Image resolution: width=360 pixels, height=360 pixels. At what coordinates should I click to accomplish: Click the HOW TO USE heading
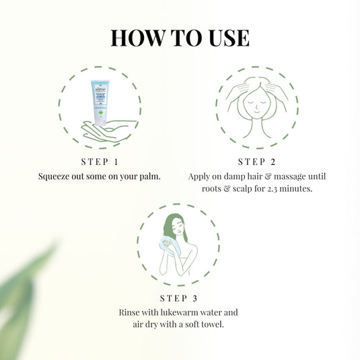pos(180,38)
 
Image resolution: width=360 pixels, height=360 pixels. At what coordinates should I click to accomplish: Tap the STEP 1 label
pos(99,161)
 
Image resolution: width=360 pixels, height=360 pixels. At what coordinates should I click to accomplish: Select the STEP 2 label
pos(257,161)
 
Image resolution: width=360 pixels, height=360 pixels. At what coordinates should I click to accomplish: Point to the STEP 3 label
pos(178,298)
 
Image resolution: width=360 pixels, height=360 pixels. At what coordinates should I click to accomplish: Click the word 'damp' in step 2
pos(236,176)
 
